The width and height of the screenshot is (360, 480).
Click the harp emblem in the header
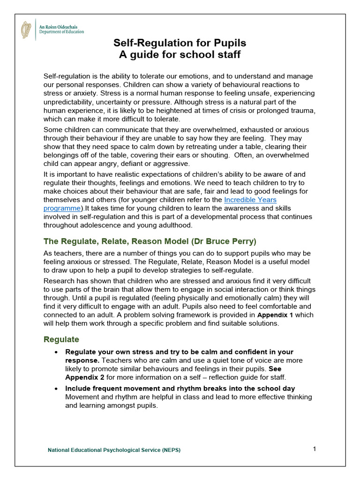pos(26,30)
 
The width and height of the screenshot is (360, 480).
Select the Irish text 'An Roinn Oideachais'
pos(58,27)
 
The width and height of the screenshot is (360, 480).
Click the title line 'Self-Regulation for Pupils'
pos(180,44)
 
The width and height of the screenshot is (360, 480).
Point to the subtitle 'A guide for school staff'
pos(180,55)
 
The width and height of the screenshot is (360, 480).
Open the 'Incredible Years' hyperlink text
pos(250,199)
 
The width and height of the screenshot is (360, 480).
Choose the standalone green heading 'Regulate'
pos(61,339)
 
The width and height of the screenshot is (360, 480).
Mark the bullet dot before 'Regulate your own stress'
pos(56,352)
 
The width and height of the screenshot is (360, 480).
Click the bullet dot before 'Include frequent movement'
pos(56,389)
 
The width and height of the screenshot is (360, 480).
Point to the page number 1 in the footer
pos(315,449)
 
